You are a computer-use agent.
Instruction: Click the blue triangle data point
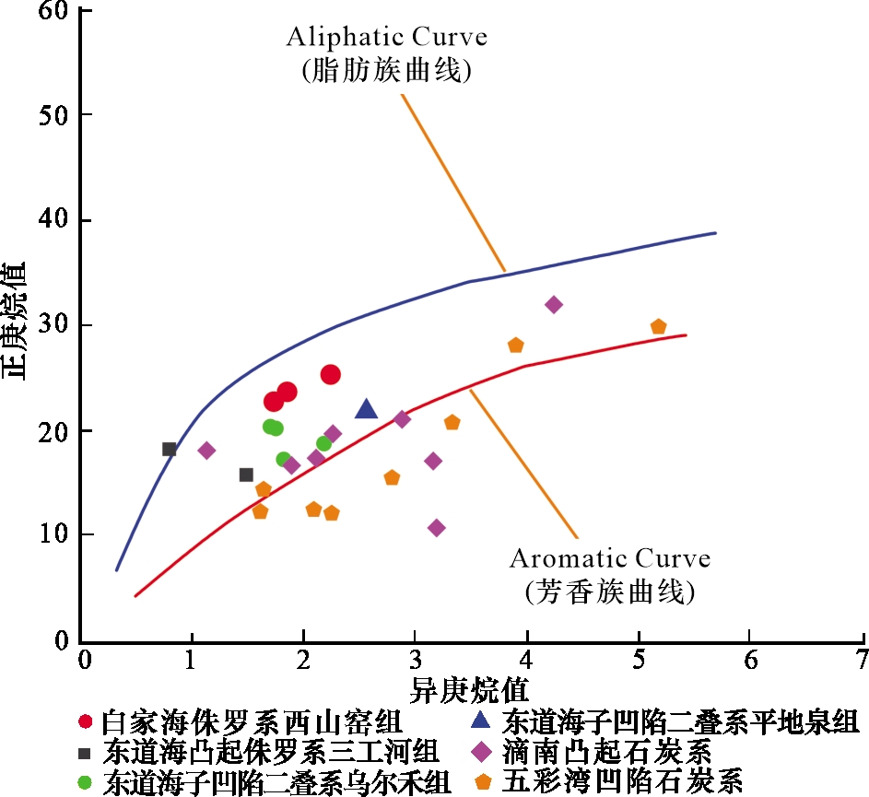(366, 409)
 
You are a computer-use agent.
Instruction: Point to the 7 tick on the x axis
(863, 661)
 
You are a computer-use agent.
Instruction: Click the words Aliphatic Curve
(387, 38)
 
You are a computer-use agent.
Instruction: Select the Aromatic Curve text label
(610, 558)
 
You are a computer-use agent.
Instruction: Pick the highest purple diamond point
(553, 304)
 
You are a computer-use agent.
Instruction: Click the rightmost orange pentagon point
(658, 327)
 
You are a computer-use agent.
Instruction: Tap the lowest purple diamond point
(437, 528)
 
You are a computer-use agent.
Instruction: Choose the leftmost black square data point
(170, 450)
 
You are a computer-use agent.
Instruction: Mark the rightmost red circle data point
(331, 374)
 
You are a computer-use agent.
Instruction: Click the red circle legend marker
(86, 721)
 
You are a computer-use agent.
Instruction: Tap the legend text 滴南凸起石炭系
(608, 751)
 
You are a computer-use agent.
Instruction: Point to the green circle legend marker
(86, 782)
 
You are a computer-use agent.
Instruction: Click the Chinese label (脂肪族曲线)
(387, 72)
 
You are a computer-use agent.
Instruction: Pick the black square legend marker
(86, 751)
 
